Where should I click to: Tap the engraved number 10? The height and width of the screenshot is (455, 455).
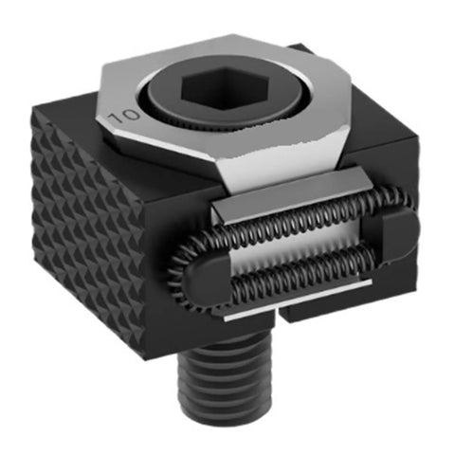click(124, 117)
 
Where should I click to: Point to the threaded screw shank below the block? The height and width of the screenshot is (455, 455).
click(226, 377)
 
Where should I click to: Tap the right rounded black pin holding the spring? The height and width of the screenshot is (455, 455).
click(399, 234)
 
